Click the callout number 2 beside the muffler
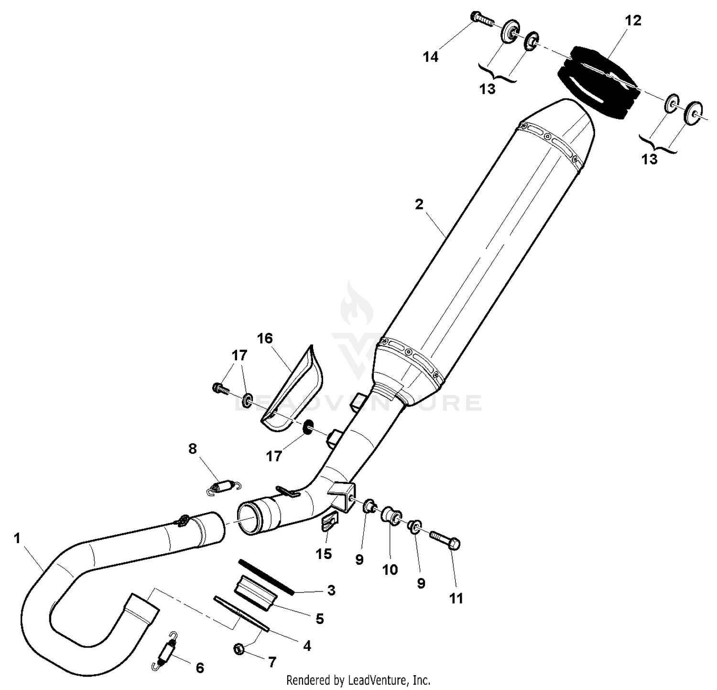(419, 205)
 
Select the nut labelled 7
(239, 649)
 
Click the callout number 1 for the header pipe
(17, 538)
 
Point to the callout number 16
(264, 339)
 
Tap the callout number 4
(307, 646)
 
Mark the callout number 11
(456, 598)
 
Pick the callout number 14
(430, 57)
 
